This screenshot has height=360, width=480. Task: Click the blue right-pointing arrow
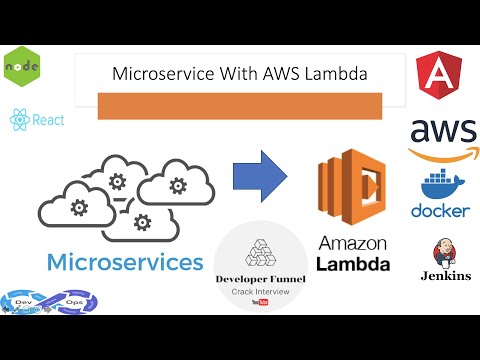[260, 177]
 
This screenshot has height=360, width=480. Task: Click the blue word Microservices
[118, 263]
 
